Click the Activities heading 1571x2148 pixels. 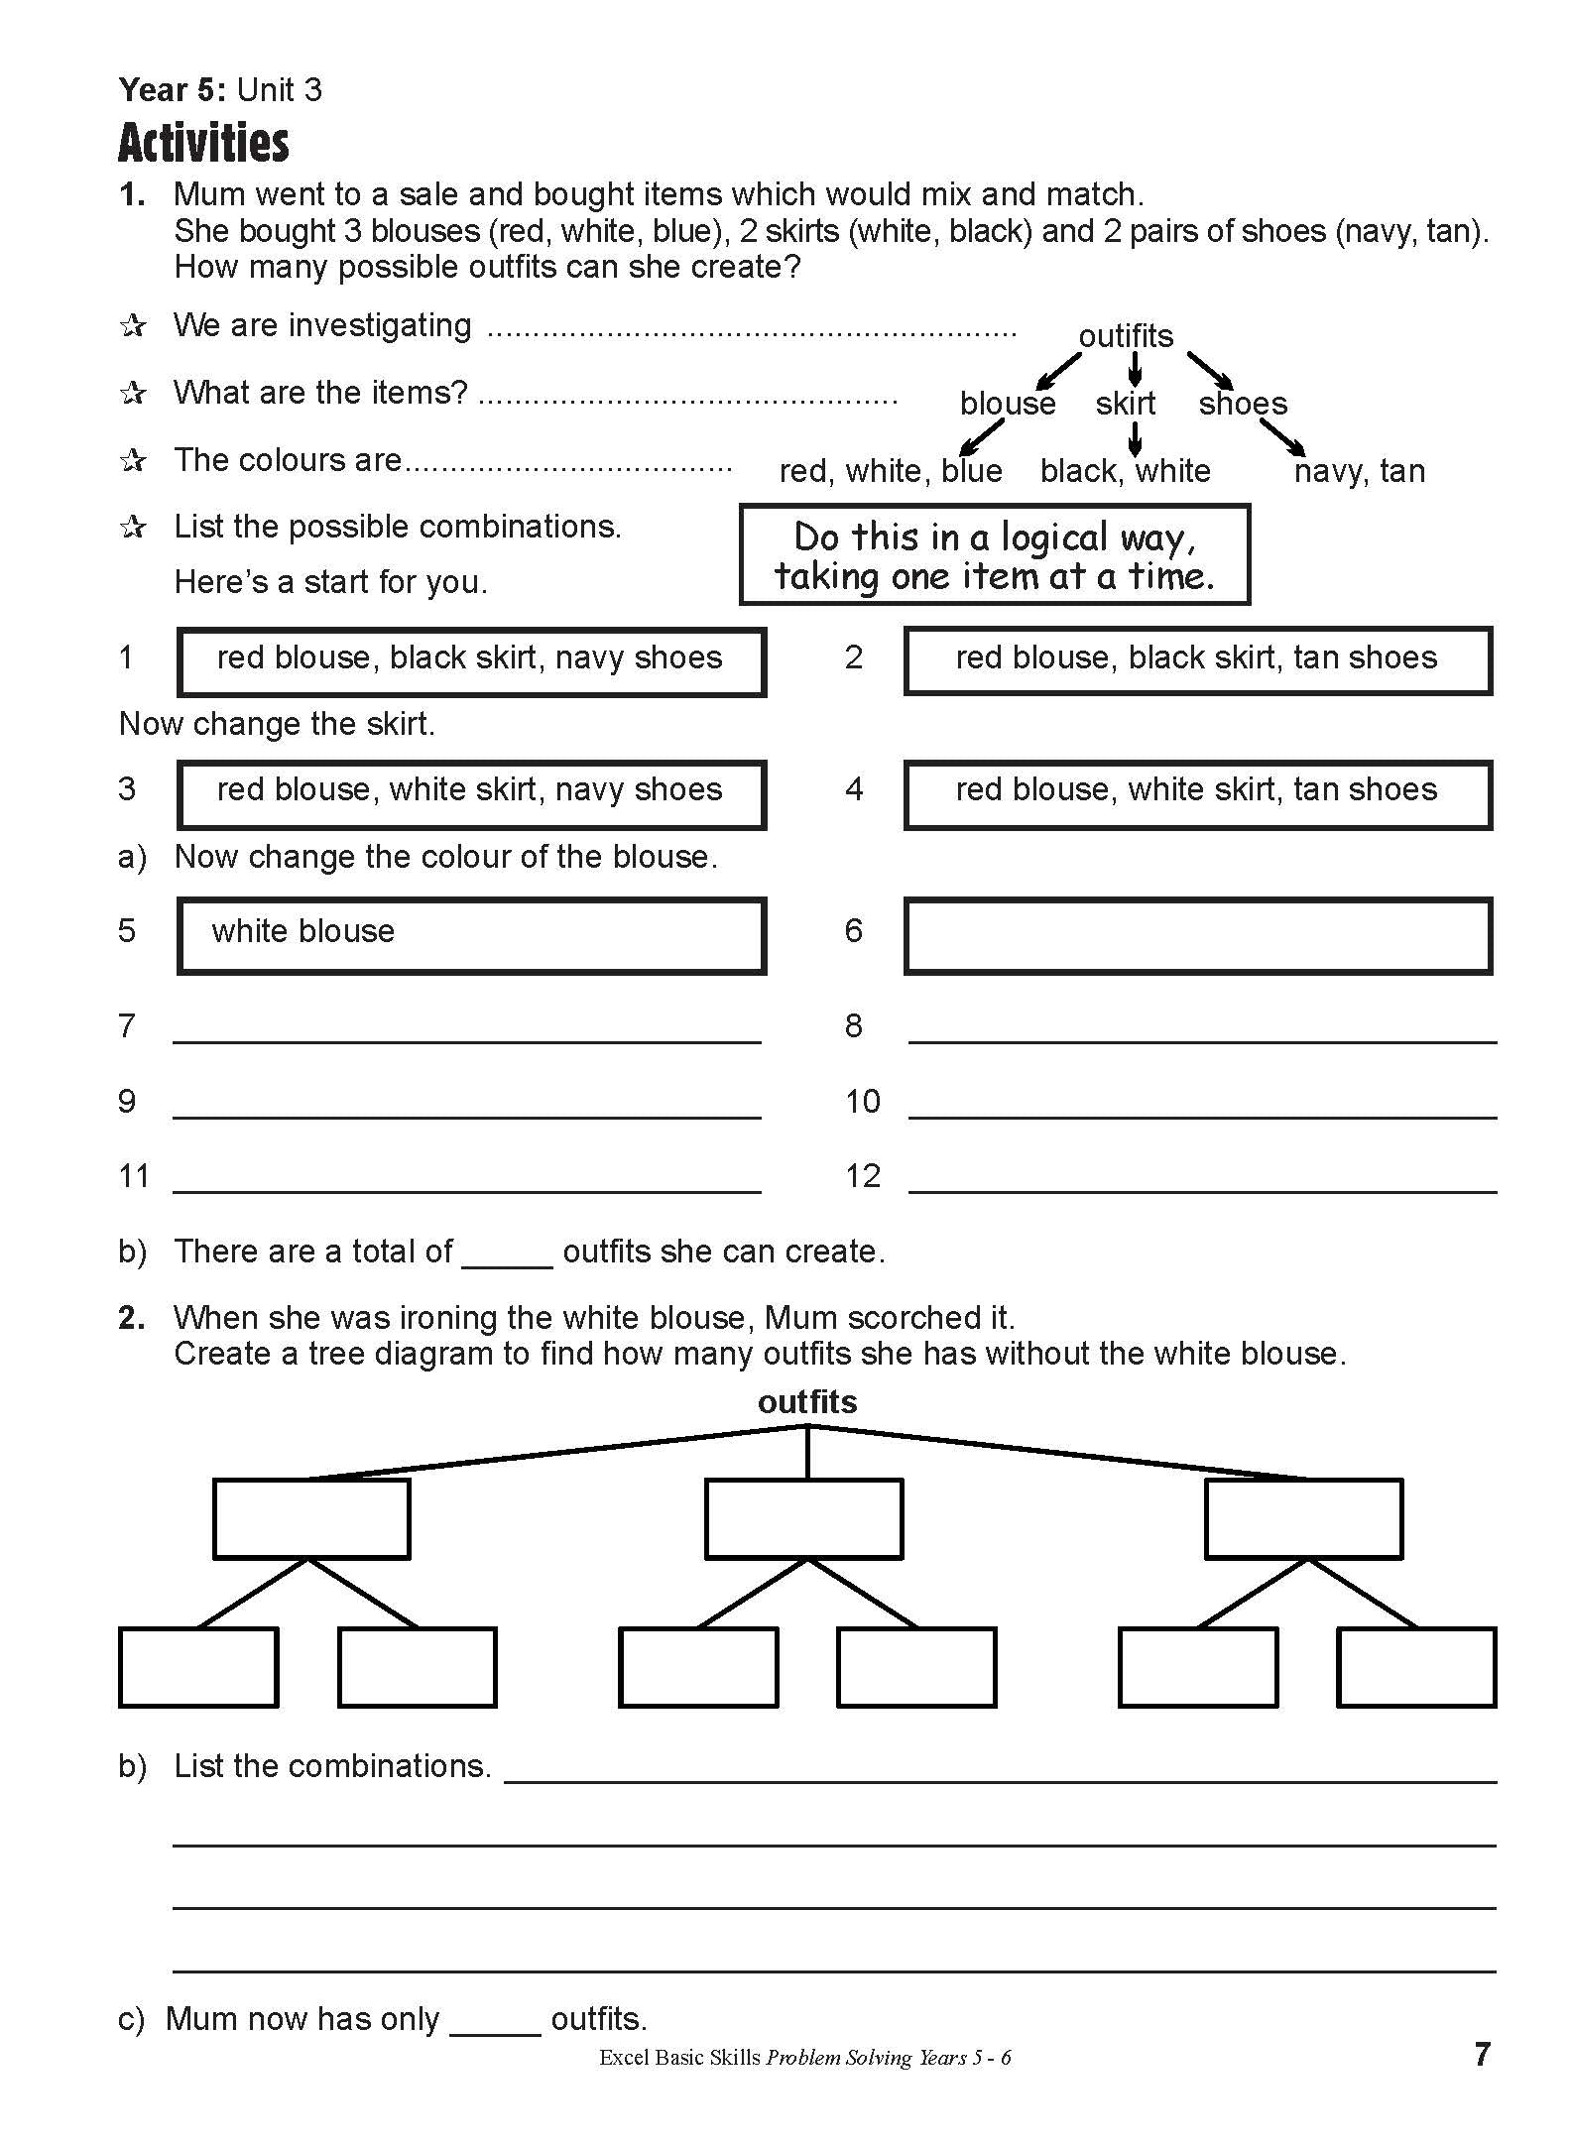203,143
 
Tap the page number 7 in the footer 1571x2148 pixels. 1482,2054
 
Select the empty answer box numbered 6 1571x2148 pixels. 1197,935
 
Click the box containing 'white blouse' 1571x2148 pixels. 471,935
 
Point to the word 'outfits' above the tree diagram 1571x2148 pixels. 807,1401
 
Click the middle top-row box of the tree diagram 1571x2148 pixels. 803,1518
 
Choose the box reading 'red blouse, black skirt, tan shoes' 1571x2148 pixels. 1197,660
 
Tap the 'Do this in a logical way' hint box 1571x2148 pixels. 994,554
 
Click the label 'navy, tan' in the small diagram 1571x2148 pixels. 1359,471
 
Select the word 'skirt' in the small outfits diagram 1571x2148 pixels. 1125,404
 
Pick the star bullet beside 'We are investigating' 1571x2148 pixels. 133,326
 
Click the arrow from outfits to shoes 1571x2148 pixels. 1210,369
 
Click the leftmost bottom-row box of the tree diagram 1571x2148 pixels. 197,1667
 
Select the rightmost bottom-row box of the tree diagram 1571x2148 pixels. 1415,1667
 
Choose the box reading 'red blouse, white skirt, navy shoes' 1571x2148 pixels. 471,793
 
